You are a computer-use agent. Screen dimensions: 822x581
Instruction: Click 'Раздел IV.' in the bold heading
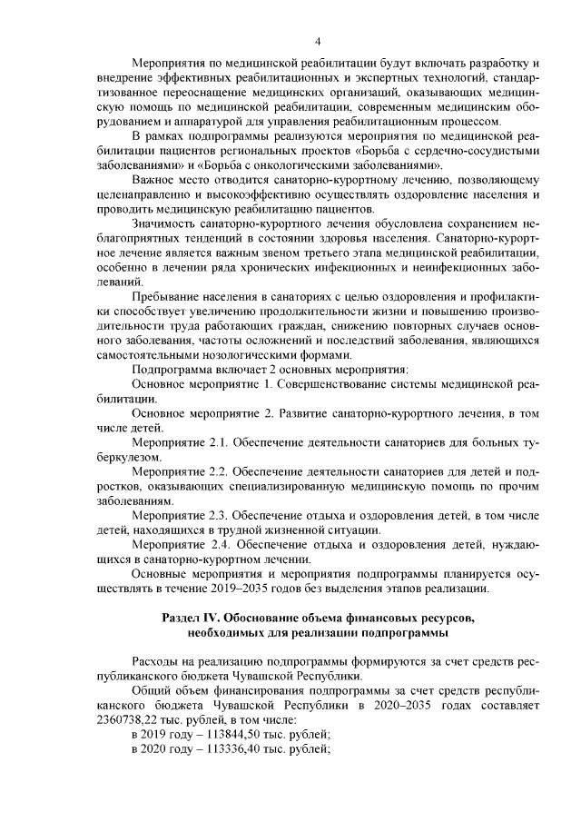[x=192, y=618]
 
